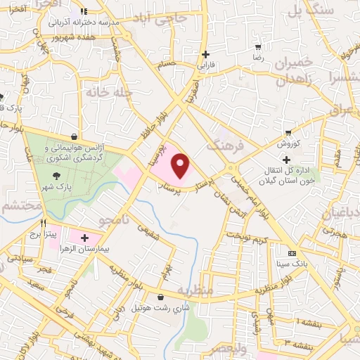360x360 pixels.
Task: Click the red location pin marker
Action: tap(181, 167)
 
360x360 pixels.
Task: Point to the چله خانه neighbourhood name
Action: tap(108, 92)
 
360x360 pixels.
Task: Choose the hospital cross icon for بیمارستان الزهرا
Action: tap(85, 238)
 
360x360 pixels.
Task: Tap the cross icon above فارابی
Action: tap(205, 54)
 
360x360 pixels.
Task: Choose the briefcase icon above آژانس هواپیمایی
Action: tap(75, 136)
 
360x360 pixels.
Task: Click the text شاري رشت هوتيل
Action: tap(162, 308)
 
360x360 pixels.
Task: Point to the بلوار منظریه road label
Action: tap(264, 289)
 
